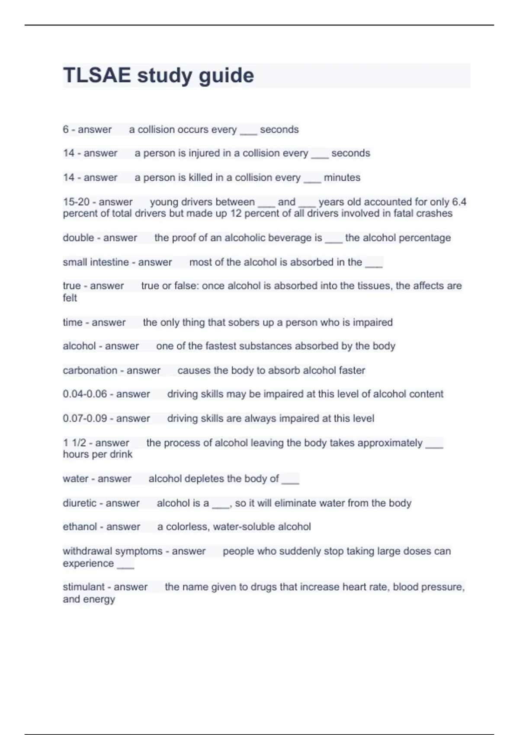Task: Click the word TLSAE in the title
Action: click(97, 75)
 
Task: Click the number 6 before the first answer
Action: click(66, 129)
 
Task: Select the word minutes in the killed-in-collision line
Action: click(342, 177)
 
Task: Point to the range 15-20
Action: click(76, 202)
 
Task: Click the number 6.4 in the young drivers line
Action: click(459, 202)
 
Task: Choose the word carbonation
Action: click(90, 370)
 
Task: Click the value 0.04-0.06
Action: click(85, 394)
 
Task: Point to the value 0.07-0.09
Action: click(85, 418)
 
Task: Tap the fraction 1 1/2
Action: click(74, 443)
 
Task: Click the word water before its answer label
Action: click(75, 479)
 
